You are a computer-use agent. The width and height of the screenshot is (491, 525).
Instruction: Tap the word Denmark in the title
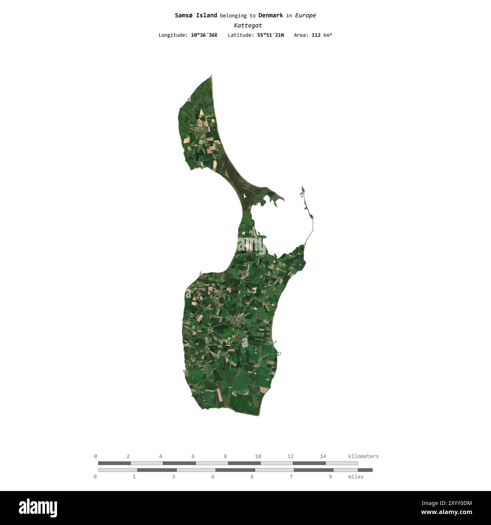[270, 15]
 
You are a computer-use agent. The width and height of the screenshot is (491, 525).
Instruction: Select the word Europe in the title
[305, 15]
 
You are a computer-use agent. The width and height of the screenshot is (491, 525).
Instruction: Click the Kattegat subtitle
[248, 26]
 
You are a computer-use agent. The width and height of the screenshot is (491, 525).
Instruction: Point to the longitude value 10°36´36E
[204, 35]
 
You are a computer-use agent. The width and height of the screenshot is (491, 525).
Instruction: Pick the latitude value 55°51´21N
[270, 35]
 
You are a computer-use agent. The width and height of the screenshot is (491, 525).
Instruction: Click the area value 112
[316, 35]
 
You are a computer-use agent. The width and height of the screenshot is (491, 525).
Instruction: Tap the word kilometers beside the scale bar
[363, 456]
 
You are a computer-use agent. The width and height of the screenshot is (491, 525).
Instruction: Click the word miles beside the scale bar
[356, 477]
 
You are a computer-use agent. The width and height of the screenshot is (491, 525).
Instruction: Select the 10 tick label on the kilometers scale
[258, 456]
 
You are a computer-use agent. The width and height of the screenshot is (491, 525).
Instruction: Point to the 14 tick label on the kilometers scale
[323, 456]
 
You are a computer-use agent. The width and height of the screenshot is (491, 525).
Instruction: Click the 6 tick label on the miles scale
[252, 477]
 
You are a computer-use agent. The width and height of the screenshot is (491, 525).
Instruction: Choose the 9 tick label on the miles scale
[330, 477]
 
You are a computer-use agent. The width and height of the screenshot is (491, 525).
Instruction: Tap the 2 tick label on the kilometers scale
[128, 456]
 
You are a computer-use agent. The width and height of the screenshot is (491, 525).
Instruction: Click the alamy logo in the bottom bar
[38, 508]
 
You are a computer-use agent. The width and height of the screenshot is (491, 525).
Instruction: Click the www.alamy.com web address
[446, 513]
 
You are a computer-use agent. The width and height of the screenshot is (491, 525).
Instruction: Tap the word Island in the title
[206, 15]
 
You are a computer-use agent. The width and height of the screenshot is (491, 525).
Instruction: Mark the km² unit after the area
[327, 35]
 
